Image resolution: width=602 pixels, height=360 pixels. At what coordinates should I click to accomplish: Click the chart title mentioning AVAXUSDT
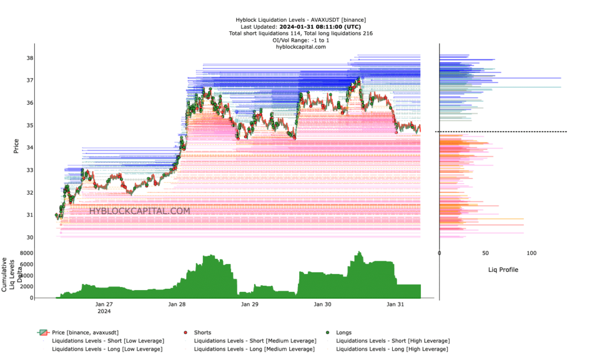point(300,20)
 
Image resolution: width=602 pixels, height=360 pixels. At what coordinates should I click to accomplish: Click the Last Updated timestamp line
point(300,26)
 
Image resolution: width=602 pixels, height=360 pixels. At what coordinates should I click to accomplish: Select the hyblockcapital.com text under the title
point(300,46)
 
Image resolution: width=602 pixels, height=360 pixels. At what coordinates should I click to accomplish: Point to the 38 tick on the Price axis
point(29,58)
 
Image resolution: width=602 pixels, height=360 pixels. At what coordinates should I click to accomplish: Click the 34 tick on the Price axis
point(29,148)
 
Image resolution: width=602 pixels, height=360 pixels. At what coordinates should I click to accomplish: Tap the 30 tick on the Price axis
point(29,237)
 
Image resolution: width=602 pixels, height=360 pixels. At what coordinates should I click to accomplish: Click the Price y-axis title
point(16,146)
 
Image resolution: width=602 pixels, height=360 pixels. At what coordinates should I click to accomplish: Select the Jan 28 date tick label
point(177,304)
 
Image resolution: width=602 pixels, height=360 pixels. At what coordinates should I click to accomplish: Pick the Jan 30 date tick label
point(323,304)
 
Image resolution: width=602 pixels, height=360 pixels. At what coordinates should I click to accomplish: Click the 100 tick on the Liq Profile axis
point(531,253)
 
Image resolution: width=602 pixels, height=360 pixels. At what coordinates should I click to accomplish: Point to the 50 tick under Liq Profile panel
point(486,253)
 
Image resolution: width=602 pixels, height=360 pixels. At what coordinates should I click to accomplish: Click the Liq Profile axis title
point(503,269)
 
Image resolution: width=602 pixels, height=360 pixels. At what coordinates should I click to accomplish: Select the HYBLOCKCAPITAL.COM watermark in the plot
point(139,211)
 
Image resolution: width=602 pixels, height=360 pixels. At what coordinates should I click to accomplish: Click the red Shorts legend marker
point(186,332)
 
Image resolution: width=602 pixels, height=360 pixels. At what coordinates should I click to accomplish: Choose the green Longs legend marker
point(328,332)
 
